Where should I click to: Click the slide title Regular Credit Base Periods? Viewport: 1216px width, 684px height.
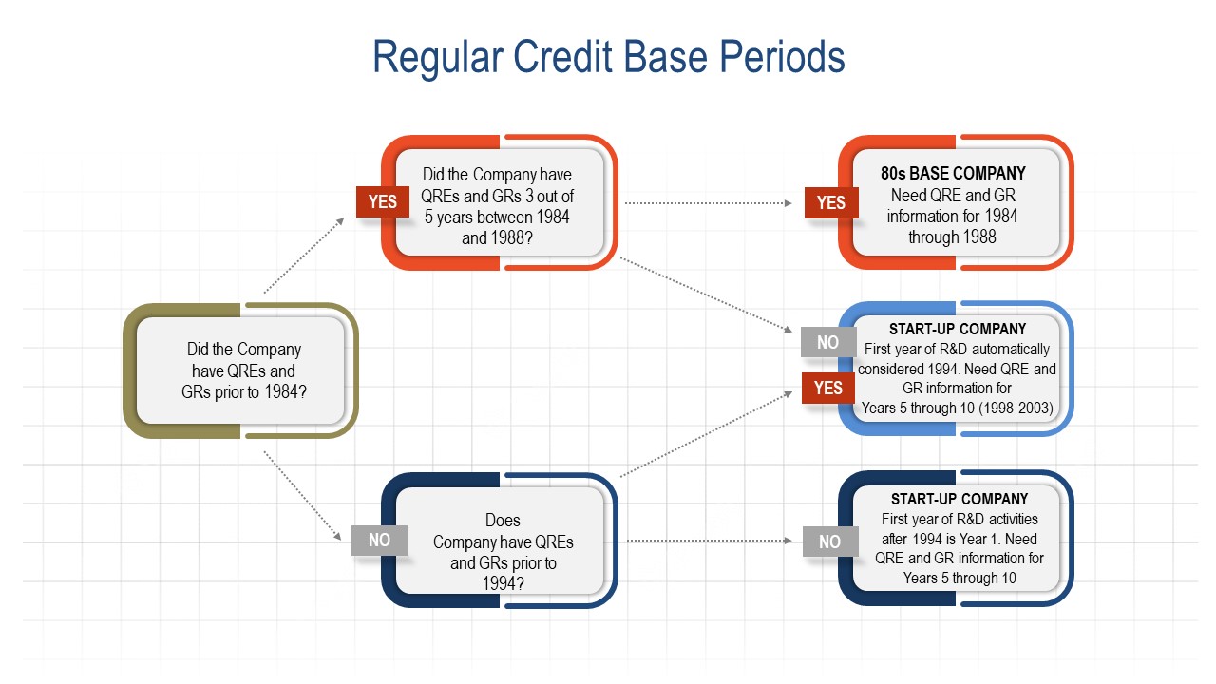pyautogui.click(x=608, y=57)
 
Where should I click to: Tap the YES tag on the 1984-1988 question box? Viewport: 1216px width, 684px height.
pyautogui.click(x=382, y=201)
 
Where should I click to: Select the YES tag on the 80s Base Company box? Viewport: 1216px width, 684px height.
pyautogui.click(x=830, y=202)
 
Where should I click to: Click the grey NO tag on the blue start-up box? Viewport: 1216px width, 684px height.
pyautogui.click(x=827, y=342)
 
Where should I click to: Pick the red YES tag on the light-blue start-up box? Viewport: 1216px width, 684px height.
pyautogui.click(x=827, y=388)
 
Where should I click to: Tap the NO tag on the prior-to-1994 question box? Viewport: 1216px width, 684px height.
pyautogui.click(x=379, y=540)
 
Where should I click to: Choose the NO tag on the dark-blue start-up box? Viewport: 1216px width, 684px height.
pyautogui.click(x=829, y=541)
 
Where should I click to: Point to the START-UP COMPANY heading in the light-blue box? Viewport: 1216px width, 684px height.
pyautogui.click(x=958, y=330)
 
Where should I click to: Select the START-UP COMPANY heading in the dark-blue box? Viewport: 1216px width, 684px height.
pyautogui.click(x=959, y=499)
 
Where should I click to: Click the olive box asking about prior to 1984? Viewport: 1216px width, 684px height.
pyautogui.click(x=240, y=370)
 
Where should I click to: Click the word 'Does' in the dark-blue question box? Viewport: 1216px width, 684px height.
pyautogui.click(x=503, y=521)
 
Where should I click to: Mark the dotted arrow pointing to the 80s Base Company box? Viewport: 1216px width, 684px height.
pyautogui.click(x=708, y=202)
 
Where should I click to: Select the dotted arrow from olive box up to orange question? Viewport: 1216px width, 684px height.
pyautogui.click(x=304, y=255)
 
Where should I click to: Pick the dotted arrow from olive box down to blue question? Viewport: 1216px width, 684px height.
pyautogui.click(x=304, y=496)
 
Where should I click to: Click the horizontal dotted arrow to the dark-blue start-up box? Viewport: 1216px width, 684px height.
pyautogui.click(x=708, y=541)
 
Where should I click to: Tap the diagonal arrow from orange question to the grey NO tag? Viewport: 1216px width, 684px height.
pyautogui.click(x=705, y=294)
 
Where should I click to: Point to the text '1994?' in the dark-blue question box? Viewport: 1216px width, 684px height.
pyautogui.click(x=503, y=583)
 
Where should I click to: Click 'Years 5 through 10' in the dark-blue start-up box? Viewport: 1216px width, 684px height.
pyautogui.click(x=959, y=578)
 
